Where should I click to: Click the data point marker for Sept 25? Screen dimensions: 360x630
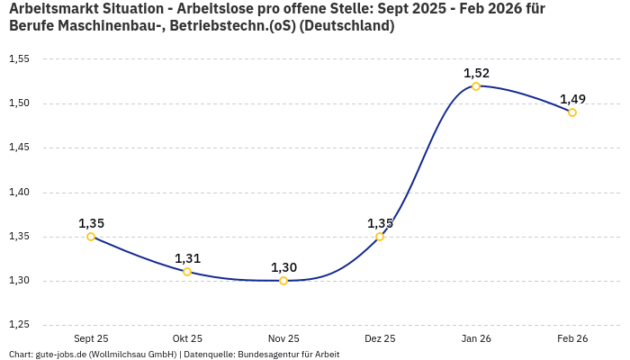point(91,237)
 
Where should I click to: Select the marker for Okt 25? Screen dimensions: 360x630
point(187,272)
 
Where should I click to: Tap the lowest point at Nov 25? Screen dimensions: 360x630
point(283,281)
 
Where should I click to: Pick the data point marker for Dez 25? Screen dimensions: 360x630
point(380,237)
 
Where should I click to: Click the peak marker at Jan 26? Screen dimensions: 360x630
point(476,86)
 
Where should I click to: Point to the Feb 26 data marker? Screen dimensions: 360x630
point(572,112)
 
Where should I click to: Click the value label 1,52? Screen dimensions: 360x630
point(476,73)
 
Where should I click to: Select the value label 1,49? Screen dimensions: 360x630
point(572,99)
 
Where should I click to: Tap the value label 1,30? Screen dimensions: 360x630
point(283,267)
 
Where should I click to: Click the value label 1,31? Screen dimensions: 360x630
point(187,258)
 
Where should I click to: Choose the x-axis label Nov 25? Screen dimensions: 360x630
point(283,338)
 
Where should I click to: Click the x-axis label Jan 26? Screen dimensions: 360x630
point(476,338)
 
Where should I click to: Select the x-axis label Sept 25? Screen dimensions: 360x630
point(91,338)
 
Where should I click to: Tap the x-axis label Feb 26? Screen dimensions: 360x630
point(572,338)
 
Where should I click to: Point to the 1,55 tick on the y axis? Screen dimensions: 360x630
point(19,59)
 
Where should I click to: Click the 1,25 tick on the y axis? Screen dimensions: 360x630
point(19,325)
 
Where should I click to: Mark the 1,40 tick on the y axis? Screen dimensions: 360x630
point(19,193)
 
